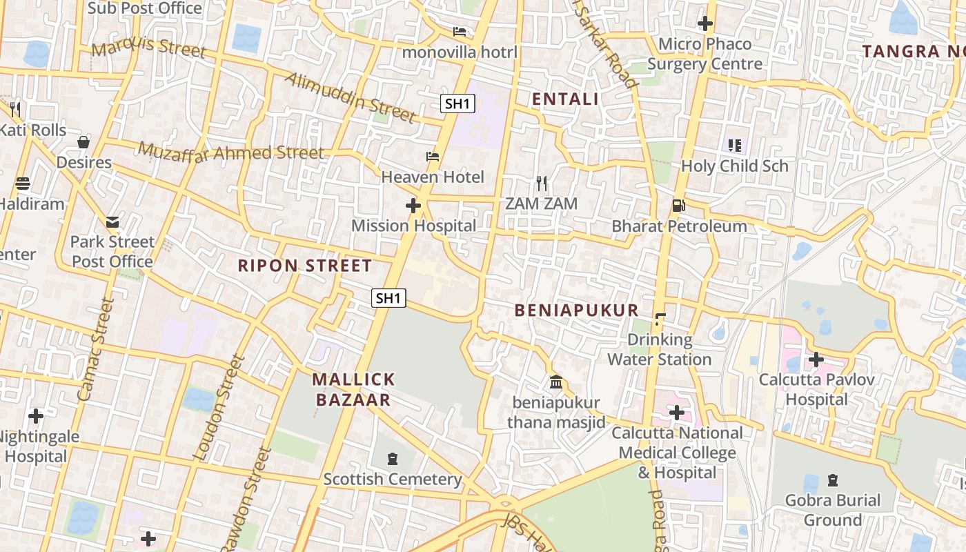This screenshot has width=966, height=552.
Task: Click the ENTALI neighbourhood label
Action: pos(565,99)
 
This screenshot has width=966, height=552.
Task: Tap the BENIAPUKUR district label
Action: pos(577,310)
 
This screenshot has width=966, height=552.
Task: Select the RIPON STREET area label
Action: pos(305,266)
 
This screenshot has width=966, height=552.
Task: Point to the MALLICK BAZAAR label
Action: pos(353,389)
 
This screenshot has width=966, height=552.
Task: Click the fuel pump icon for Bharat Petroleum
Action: pos(678,206)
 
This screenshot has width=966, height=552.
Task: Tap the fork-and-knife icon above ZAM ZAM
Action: pos(542,184)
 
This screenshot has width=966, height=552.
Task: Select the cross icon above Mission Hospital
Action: pos(413,206)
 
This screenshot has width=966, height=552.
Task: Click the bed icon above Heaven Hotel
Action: pos(433,157)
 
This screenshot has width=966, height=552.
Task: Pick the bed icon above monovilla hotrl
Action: pos(460,32)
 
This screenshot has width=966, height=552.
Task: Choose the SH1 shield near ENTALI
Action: pos(458,104)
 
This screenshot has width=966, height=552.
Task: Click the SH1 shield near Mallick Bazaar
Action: pos(388,298)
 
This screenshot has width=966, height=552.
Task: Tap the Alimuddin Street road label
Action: pos(351,97)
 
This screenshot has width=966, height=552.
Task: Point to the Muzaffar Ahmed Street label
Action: pos(231,151)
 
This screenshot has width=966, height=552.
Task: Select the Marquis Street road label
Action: pos(149,48)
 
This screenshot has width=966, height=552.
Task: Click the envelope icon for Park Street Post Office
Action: pos(112,222)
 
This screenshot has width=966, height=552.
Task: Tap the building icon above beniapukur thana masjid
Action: pos(556,382)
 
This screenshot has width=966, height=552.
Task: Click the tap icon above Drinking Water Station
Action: pos(660,319)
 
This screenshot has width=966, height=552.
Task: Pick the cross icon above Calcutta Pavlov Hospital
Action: pos(816,359)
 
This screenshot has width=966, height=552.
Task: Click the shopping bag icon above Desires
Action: pos(83,142)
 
